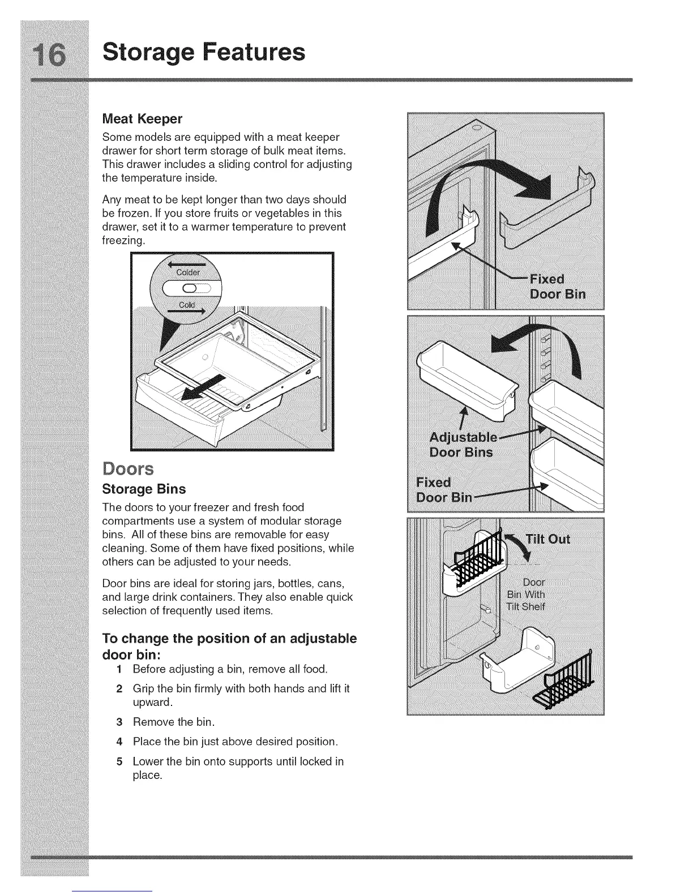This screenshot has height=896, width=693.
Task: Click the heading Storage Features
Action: (203, 52)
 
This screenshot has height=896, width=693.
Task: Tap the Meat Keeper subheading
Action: (142, 119)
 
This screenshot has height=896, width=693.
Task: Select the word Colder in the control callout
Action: (188, 272)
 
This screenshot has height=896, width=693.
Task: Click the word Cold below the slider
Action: (187, 305)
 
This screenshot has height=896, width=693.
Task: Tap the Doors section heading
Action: (129, 469)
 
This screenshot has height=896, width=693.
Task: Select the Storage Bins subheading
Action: (144, 489)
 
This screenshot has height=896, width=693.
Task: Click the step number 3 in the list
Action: (119, 722)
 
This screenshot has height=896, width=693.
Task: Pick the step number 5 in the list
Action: (119, 761)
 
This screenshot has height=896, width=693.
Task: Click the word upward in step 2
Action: (152, 703)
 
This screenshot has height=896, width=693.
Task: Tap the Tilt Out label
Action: (547, 539)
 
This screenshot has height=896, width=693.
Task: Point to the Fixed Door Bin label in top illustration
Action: (556, 287)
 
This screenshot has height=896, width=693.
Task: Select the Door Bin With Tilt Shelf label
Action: (526, 595)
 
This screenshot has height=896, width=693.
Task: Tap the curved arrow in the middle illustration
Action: (538, 344)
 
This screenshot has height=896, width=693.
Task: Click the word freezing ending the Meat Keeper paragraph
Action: (123, 240)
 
